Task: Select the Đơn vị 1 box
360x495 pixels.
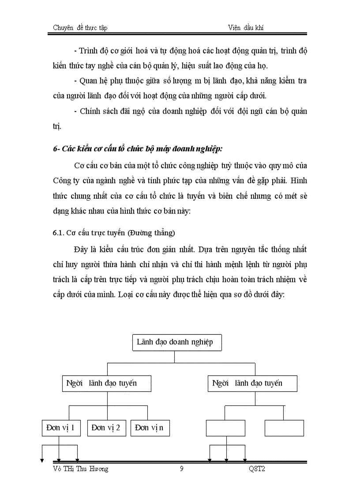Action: pyautogui.click(x=61, y=427)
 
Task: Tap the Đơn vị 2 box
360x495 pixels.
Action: pyautogui.click(x=106, y=427)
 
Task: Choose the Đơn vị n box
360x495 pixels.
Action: pyautogui.click(x=150, y=427)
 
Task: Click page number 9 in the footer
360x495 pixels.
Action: pyautogui.click(x=182, y=469)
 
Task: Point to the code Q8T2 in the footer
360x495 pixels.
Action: pyautogui.click(x=257, y=469)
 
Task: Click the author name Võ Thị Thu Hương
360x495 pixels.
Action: pyautogui.click(x=80, y=469)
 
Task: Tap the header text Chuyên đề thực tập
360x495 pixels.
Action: pyautogui.click(x=80, y=28)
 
